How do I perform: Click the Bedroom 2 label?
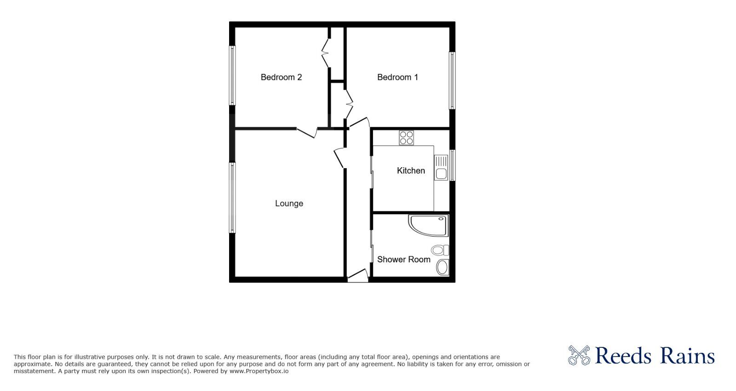[281, 77]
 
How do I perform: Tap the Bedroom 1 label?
[397, 77]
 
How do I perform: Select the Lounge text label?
[289, 204]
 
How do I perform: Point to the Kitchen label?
[411, 170]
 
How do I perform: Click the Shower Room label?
[403, 260]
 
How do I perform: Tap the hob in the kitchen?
[406, 138]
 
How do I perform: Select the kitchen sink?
[441, 168]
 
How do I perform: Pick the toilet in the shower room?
[439, 250]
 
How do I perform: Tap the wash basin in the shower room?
[443, 267]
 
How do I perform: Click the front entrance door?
[358, 276]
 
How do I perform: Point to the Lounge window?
[232, 198]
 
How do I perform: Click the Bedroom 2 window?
[232, 75]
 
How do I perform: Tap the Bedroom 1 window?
[452, 80]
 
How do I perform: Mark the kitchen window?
[452, 165]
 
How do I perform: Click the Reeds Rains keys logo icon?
[579, 355]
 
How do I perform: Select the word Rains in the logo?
[687, 356]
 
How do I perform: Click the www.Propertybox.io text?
[259, 371]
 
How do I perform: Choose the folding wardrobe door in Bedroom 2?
[326, 53]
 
